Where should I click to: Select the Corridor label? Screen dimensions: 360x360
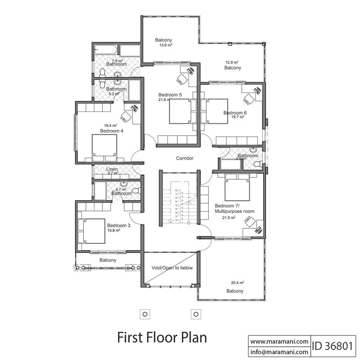[185, 158]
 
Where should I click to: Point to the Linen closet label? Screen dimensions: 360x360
[112, 169]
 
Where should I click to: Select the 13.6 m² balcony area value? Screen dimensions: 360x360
[166, 45]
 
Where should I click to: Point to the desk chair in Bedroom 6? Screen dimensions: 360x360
[248, 97]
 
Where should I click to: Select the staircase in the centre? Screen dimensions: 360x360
[179, 207]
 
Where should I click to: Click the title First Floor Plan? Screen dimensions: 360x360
[162, 338]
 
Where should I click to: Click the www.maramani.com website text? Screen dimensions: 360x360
[279, 341]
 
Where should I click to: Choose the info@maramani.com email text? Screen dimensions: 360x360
[279, 351]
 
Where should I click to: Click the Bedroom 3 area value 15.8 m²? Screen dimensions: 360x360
[114, 230]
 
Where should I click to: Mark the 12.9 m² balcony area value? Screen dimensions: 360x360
[233, 62]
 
